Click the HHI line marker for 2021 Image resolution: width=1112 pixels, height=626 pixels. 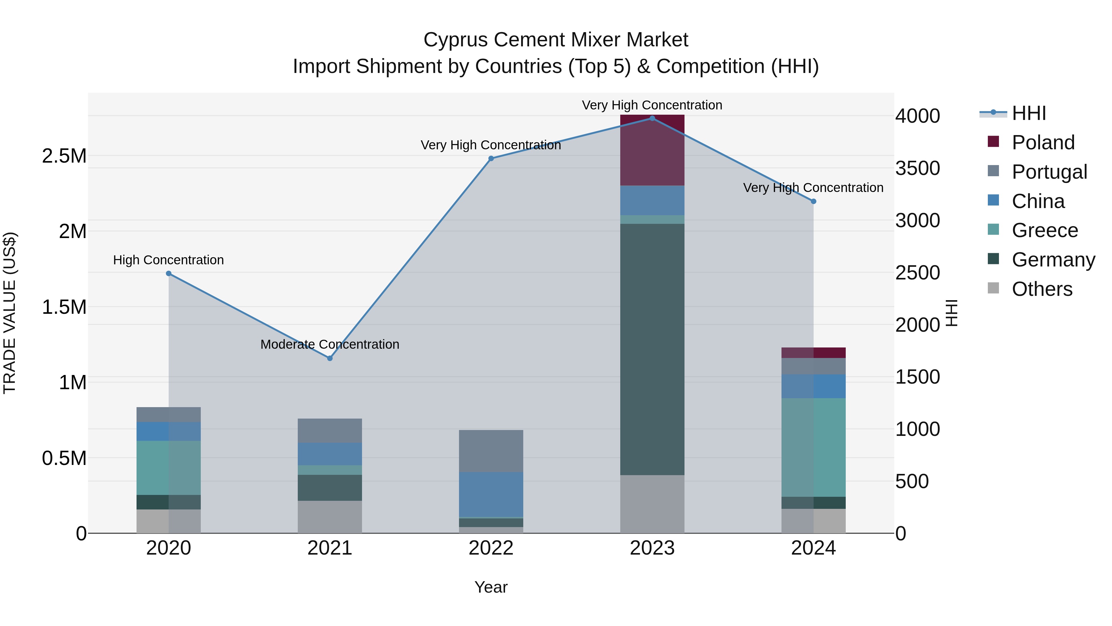pos(330,358)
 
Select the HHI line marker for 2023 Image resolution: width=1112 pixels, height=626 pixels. pos(652,118)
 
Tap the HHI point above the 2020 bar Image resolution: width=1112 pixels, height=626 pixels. pos(169,274)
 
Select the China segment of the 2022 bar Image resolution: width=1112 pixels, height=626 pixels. pos(491,494)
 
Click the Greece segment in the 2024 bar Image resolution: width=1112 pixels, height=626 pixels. pos(813,447)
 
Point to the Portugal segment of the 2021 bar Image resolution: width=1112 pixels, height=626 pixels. pos(330,430)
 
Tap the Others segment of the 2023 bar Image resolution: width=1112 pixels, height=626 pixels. pos(652,504)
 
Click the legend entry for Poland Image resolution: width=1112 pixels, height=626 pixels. pos(1042,143)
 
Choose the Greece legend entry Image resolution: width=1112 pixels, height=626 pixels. pos(1044,230)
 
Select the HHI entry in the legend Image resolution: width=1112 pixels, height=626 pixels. pos(1029,113)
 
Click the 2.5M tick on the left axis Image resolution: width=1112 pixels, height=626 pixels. pos(64,156)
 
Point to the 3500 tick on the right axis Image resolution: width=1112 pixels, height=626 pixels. pos(917,168)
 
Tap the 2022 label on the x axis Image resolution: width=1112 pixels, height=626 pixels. pos(491,548)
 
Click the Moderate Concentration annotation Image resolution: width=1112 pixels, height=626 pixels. pos(330,344)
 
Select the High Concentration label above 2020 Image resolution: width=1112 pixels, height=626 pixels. pos(168,260)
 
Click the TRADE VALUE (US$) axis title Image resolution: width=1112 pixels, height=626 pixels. pos(10,313)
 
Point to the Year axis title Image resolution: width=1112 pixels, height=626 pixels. pos(491,587)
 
